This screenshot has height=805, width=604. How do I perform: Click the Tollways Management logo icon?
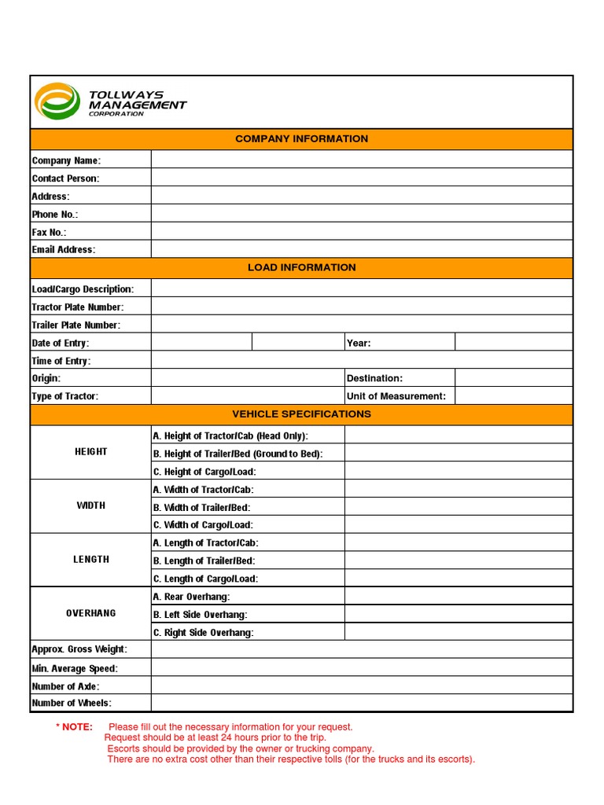tap(57, 101)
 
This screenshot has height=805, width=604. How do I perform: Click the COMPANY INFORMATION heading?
tap(301, 139)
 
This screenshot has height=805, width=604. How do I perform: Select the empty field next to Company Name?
tap(362, 160)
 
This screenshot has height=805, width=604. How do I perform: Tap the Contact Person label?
tap(65, 178)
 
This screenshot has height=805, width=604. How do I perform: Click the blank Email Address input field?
tap(362, 249)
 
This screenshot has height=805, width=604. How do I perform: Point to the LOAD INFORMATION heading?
tap(301, 267)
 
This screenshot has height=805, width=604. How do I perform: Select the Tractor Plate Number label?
tap(77, 307)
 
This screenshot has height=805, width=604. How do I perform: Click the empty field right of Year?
tap(514, 343)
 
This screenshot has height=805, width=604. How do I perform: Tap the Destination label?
tap(374, 378)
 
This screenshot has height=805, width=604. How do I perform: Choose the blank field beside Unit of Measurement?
tap(514, 396)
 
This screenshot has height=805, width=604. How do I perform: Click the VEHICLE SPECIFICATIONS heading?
tap(301, 414)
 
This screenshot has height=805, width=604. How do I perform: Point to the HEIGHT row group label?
tap(90, 452)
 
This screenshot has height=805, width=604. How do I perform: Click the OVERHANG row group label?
tap(90, 613)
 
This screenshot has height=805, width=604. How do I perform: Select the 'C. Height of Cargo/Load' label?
tap(204, 472)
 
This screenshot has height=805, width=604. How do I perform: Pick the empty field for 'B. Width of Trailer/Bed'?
tap(459, 508)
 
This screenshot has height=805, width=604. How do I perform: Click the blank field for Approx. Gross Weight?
tap(362, 649)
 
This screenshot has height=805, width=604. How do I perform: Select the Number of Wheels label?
tap(72, 703)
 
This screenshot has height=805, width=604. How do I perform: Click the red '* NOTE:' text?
tap(74, 727)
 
